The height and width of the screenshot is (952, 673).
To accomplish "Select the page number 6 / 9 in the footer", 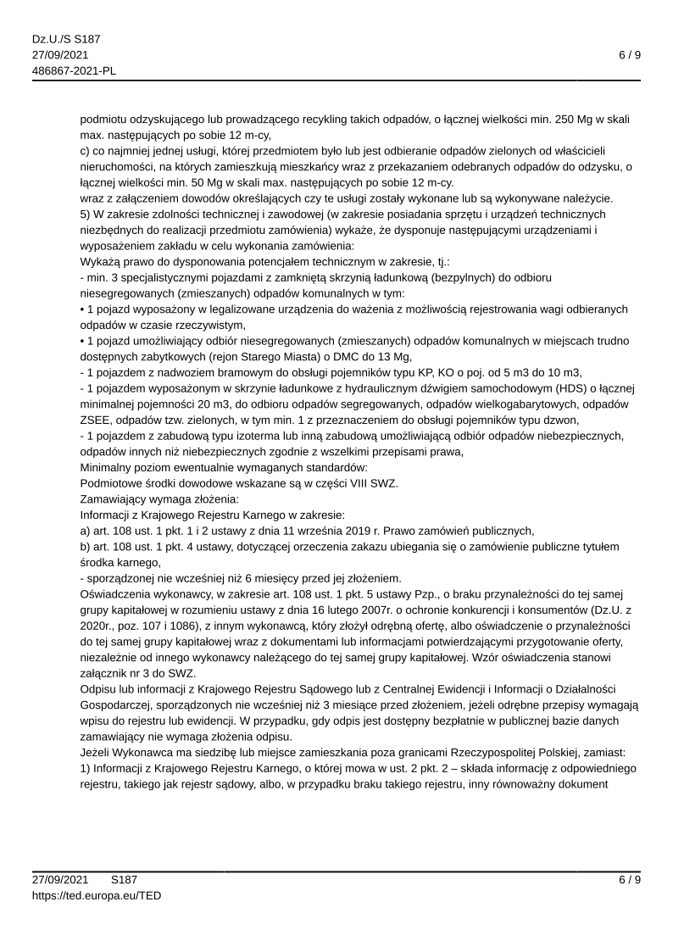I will [629, 879].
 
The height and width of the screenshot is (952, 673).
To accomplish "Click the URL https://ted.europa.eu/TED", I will [97, 894].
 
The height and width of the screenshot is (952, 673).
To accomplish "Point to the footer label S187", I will [124, 879].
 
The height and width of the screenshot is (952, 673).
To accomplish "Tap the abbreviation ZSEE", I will [95, 420].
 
